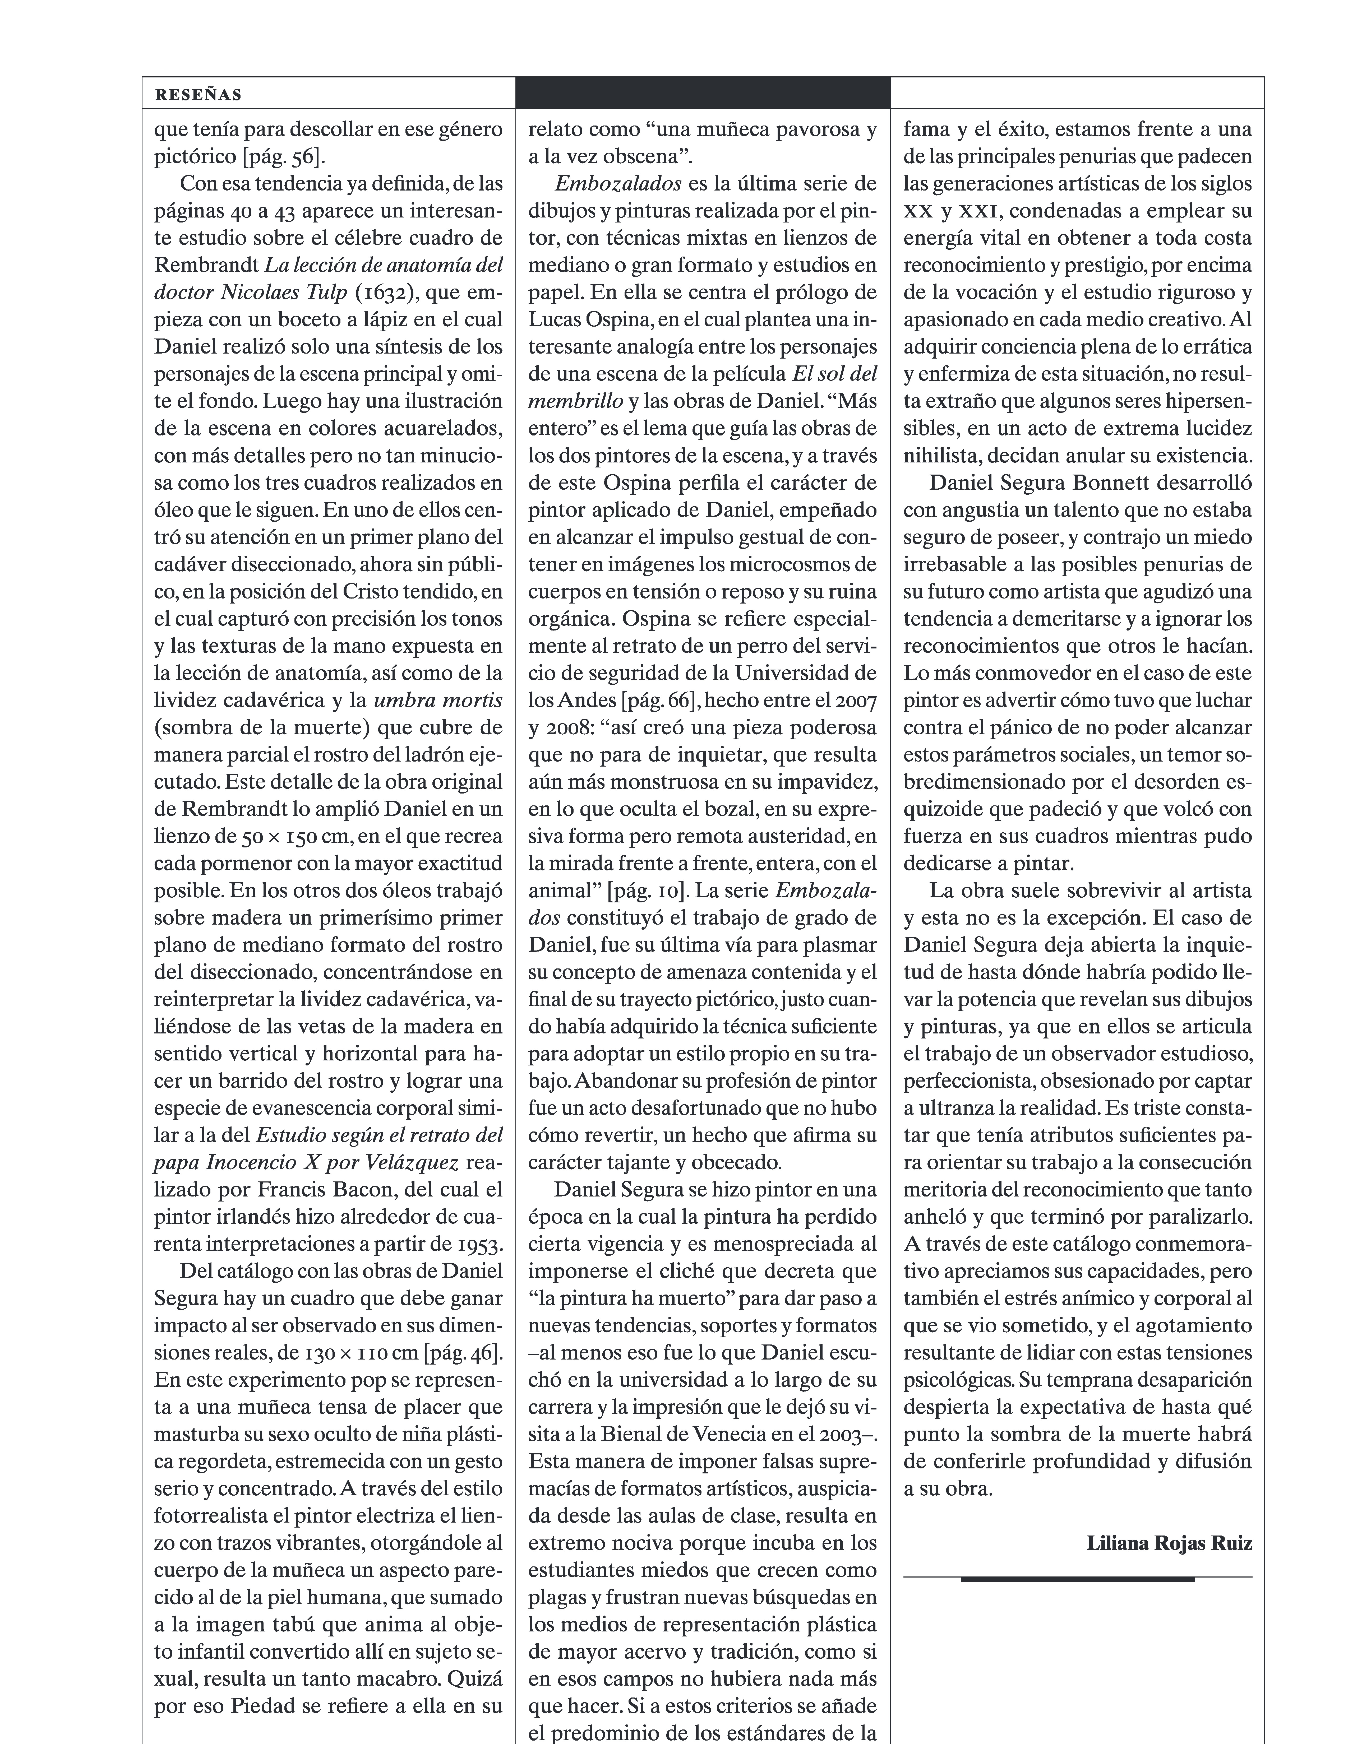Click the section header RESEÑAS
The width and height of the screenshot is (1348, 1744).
(198, 95)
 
